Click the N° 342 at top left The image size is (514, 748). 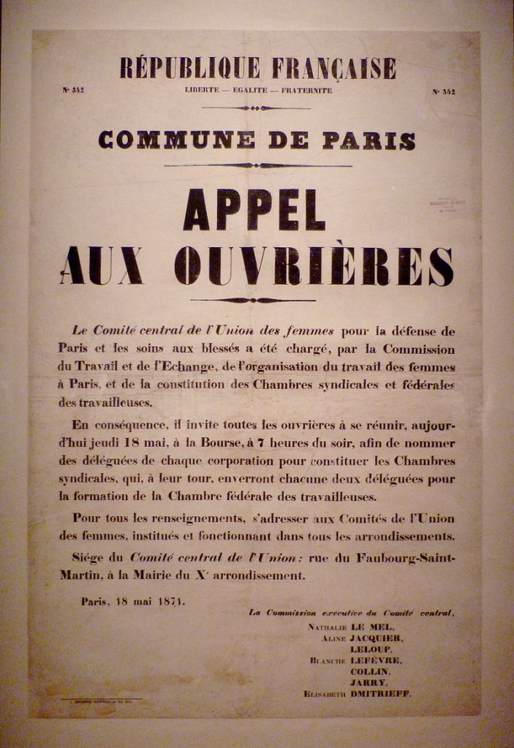pyautogui.click(x=73, y=91)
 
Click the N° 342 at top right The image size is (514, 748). pyautogui.click(x=444, y=92)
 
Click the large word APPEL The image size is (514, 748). pyautogui.click(x=254, y=209)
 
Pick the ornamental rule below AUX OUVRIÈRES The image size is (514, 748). pyautogui.click(x=253, y=300)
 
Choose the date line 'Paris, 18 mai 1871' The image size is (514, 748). pyautogui.click(x=133, y=602)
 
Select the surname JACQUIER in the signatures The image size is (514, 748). pyautogui.click(x=377, y=638)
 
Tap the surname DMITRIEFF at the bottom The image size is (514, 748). pyautogui.click(x=381, y=692)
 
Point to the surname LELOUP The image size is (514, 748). pyautogui.click(x=371, y=649)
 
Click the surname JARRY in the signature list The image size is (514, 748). pyautogui.click(x=369, y=681)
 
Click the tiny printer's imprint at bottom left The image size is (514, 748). pyautogui.click(x=99, y=700)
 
